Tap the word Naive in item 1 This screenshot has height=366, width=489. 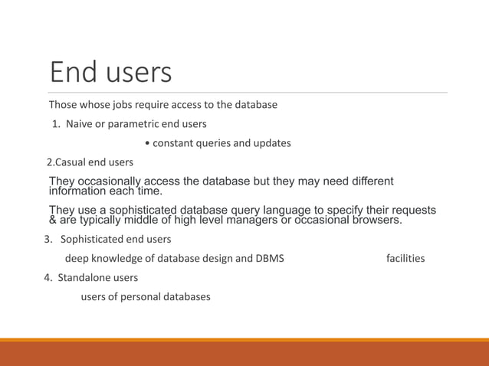pyautogui.click(x=80, y=123)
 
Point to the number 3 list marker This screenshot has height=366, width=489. pyautogui.click(x=47, y=240)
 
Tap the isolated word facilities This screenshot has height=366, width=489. pyautogui.click(x=405, y=258)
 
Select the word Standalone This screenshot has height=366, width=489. pyautogui.click(x=84, y=277)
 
